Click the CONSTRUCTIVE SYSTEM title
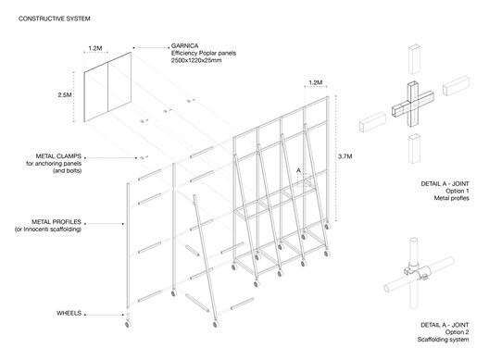pyautogui.click(x=55, y=19)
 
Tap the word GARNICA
pyautogui.click(x=184, y=46)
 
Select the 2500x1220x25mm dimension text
pyautogui.click(x=196, y=60)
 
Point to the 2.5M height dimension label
pyautogui.click(x=65, y=94)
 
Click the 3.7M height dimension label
pyautogui.click(x=345, y=156)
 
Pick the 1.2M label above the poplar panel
pyautogui.click(x=95, y=48)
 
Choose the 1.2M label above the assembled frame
pyautogui.click(x=315, y=82)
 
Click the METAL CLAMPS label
pyautogui.click(x=58, y=156)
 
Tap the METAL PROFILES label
pyautogui.click(x=56, y=222)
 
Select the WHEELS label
pyautogui.click(x=69, y=313)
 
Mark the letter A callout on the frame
pyautogui.click(x=298, y=170)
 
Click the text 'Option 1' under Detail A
pyautogui.click(x=458, y=191)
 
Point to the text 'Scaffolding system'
pyautogui.click(x=443, y=340)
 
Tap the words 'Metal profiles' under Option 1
pyautogui.click(x=452, y=198)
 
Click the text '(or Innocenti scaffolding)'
pyautogui.click(x=48, y=230)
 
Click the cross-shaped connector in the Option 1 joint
pyautogui.click(x=413, y=104)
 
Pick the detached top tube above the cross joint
pyautogui.click(x=414, y=59)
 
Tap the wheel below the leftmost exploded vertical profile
pyautogui.click(x=128, y=324)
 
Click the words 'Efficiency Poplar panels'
pyautogui.click(x=204, y=53)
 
